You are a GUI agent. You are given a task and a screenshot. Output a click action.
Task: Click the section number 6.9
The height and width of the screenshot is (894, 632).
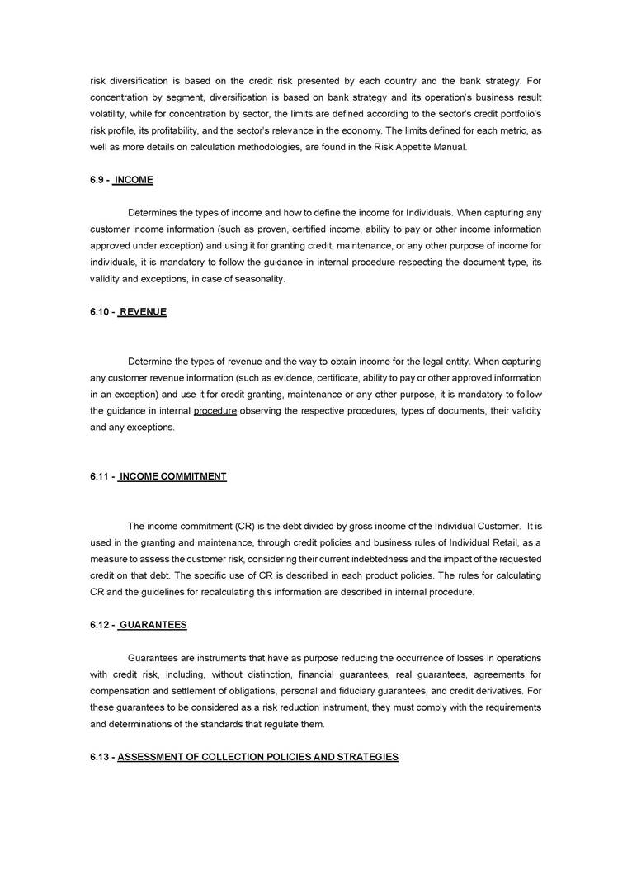tap(97, 180)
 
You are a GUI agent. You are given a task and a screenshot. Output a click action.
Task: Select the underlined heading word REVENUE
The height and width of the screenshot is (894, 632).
tap(143, 312)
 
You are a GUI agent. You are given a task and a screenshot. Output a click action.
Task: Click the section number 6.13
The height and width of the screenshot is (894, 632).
tap(101, 756)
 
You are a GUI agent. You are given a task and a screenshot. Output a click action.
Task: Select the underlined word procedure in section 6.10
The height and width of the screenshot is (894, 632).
tap(215, 411)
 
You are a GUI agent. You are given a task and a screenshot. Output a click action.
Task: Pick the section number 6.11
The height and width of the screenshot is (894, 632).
tap(101, 476)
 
